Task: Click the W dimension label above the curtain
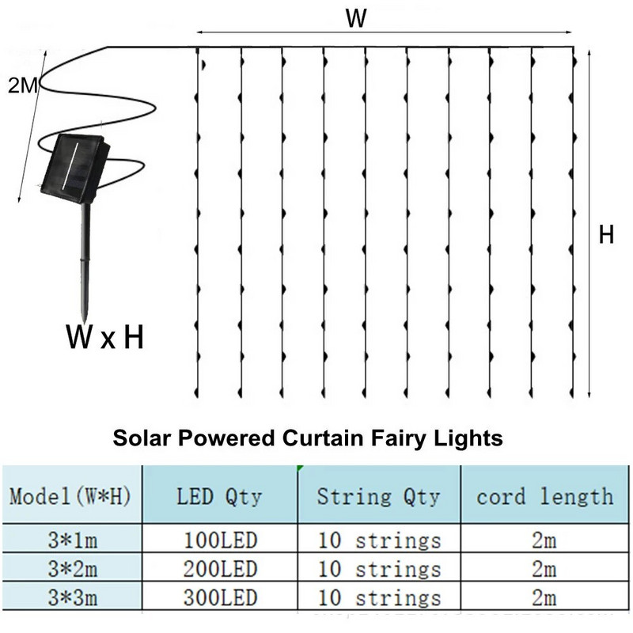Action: coord(357,18)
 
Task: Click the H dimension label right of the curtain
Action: coord(606,235)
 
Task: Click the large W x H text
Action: coord(104,339)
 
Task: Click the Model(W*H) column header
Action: coord(70,497)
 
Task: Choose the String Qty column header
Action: coord(378,497)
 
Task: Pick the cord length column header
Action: coord(544,497)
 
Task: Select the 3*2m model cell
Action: coord(70,569)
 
